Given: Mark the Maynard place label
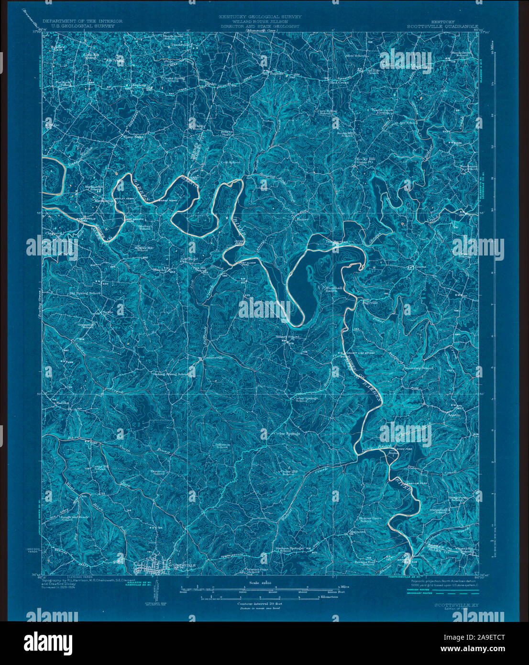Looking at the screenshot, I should pos(357,532).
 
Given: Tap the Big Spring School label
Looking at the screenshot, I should pos(85,293).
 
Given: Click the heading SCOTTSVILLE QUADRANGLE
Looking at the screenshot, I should pos(442,27).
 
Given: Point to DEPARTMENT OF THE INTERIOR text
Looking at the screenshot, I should pos(82,21).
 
